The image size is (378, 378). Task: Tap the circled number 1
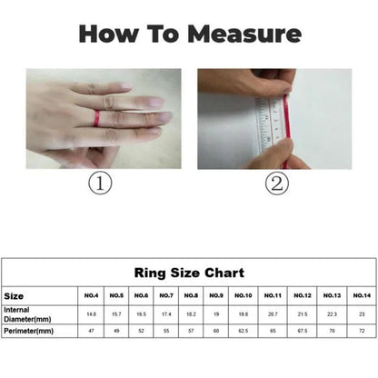pyautogui.click(x=99, y=184)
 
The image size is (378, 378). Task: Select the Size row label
pyautogui.click(x=14, y=295)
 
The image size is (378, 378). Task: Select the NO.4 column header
pyautogui.click(x=91, y=295)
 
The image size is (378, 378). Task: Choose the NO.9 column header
pyautogui.click(x=215, y=295)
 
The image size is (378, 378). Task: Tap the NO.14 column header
pyautogui.click(x=361, y=295)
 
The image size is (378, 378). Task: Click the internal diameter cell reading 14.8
pyautogui.click(x=91, y=314)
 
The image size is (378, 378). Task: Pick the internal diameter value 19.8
pyautogui.click(x=243, y=314)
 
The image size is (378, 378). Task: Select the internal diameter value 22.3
pyautogui.click(x=332, y=314)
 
